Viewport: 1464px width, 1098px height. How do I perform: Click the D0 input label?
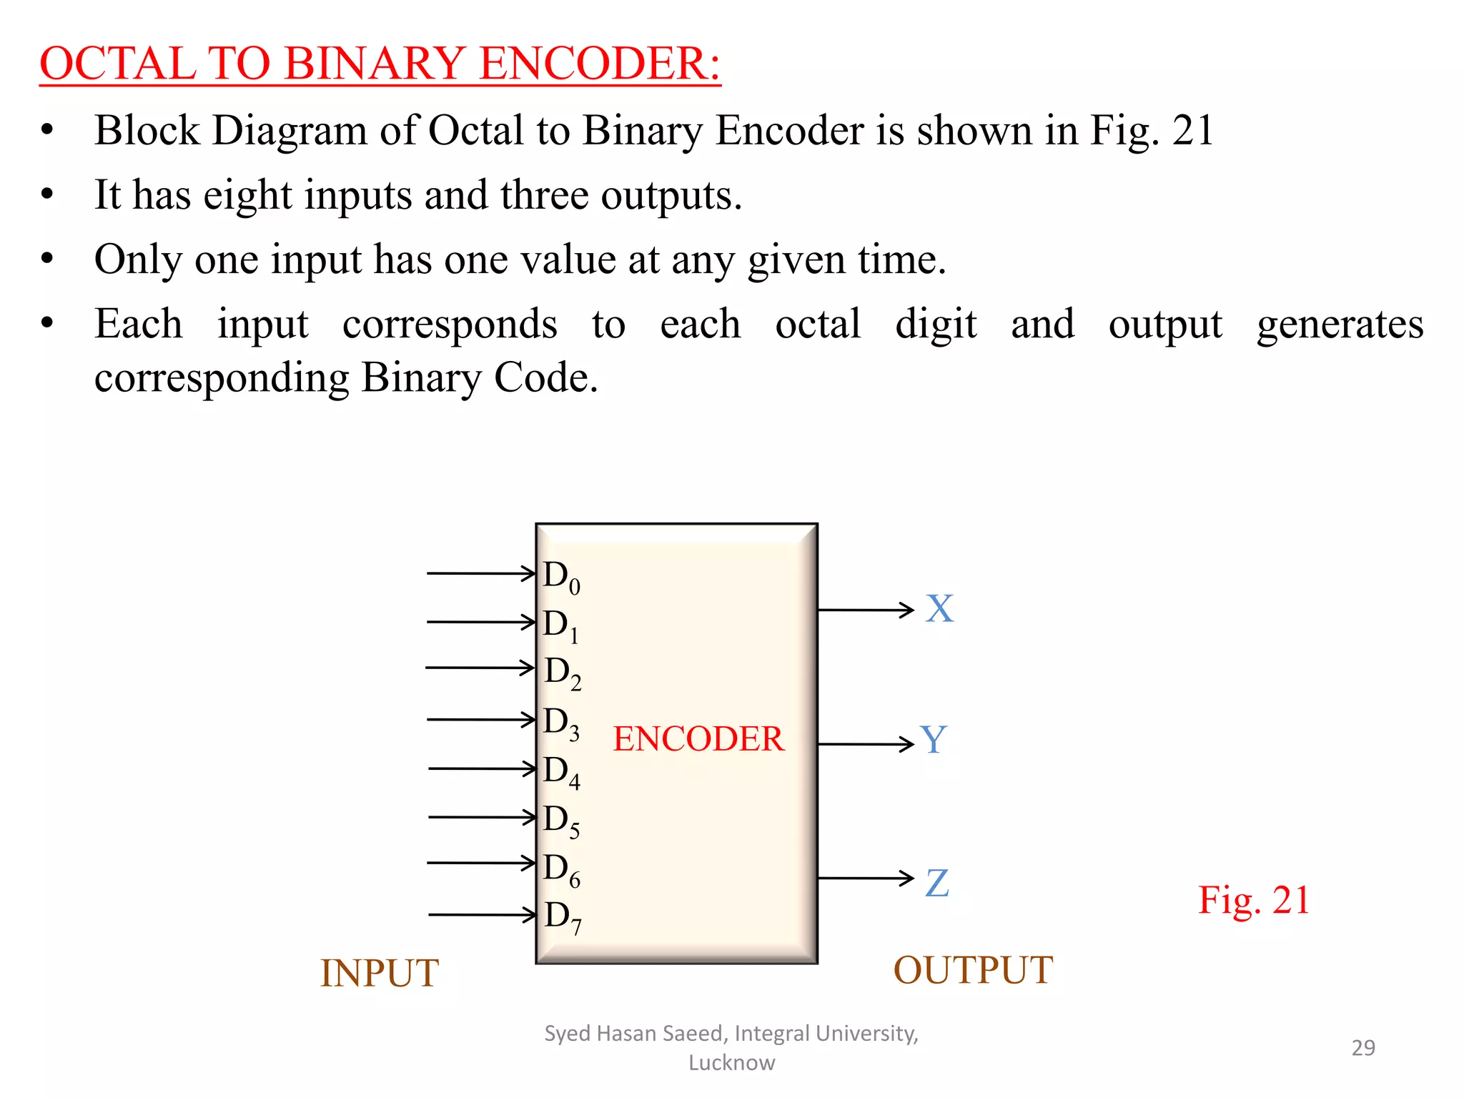click(x=561, y=576)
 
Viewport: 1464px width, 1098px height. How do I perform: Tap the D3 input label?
click(x=561, y=723)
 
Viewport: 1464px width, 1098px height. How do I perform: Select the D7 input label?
click(x=563, y=917)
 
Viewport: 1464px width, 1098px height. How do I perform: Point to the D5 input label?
click(x=561, y=821)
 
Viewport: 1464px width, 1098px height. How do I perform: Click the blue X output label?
click(x=939, y=609)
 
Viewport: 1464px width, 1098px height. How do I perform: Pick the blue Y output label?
click(x=934, y=741)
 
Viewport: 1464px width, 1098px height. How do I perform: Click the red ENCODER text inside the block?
click(x=698, y=739)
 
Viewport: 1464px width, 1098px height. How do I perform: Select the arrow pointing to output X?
click(x=866, y=610)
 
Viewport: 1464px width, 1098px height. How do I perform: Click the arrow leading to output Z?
click(x=866, y=878)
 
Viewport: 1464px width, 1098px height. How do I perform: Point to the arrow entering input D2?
click(x=480, y=668)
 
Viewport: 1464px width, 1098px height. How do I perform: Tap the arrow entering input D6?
click(x=481, y=863)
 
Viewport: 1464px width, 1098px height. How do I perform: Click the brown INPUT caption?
click(x=379, y=974)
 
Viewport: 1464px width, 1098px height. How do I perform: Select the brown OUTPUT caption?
click(x=973, y=971)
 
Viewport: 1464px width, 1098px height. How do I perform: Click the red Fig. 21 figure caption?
click(x=1254, y=900)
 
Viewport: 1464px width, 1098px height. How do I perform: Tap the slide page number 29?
click(x=1363, y=1048)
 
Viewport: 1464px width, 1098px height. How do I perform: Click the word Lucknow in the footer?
click(x=731, y=1063)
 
